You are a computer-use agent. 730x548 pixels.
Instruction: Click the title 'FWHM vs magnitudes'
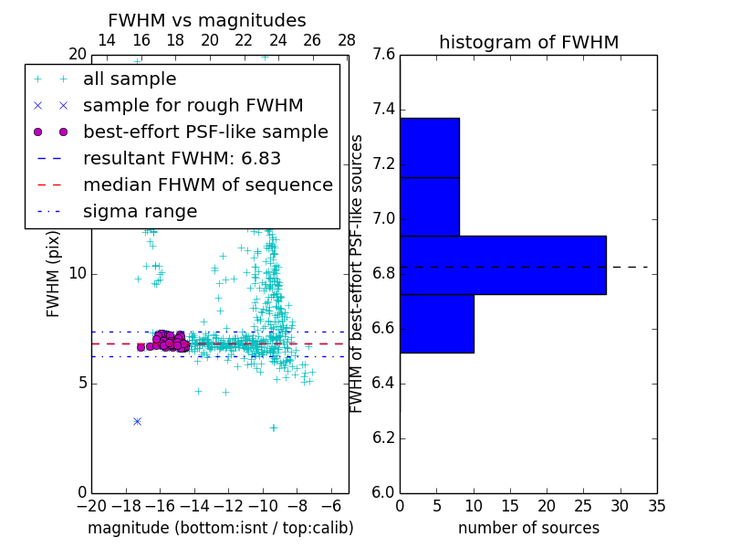pyautogui.click(x=206, y=20)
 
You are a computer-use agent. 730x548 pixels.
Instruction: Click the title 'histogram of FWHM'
pyautogui.click(x=528, y=42)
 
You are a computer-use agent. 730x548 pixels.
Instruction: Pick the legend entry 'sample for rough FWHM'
pyautogui.click(x=193, y=105)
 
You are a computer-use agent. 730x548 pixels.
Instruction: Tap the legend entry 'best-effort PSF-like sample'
pyautogui.click(x=205, y=132)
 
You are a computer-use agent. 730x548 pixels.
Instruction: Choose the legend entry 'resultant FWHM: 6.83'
pyautogui.click(x=182, y=158)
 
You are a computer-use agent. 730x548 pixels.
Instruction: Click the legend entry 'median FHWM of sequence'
pyautogui.click(x=207, y=184)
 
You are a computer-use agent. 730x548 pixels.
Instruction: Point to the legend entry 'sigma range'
pyautogui.click(x=140, y=211)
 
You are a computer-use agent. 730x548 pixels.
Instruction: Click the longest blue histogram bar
pyautogui.click(x=503, y=265)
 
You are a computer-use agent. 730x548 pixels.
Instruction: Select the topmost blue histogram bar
pyautogui.click(x=429, y=147)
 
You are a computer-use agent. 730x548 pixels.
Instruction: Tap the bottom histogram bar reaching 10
pyautogui.click(x=436, y=323)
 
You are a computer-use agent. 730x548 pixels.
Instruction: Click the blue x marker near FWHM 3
pyautogui.click(x=137, y=421)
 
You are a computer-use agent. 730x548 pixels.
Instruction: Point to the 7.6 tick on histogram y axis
pyautogui.click(x=384, y=55)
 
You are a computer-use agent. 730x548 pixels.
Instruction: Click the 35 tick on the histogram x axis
pyautogui.click(x=656, y=505)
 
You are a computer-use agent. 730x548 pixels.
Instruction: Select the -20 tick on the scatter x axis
pyautogui.click(x=91, y=505)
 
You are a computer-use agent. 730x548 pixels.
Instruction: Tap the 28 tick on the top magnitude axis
pyautogui.click(x=347, y=40)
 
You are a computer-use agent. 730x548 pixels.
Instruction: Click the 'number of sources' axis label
pyautogui.click(x=528, y=528)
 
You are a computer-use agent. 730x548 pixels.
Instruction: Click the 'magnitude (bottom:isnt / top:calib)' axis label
pyautogui.click(x=220, y=528)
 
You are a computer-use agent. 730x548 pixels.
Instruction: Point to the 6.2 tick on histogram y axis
pyautogui.click(x=384, y=437)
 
